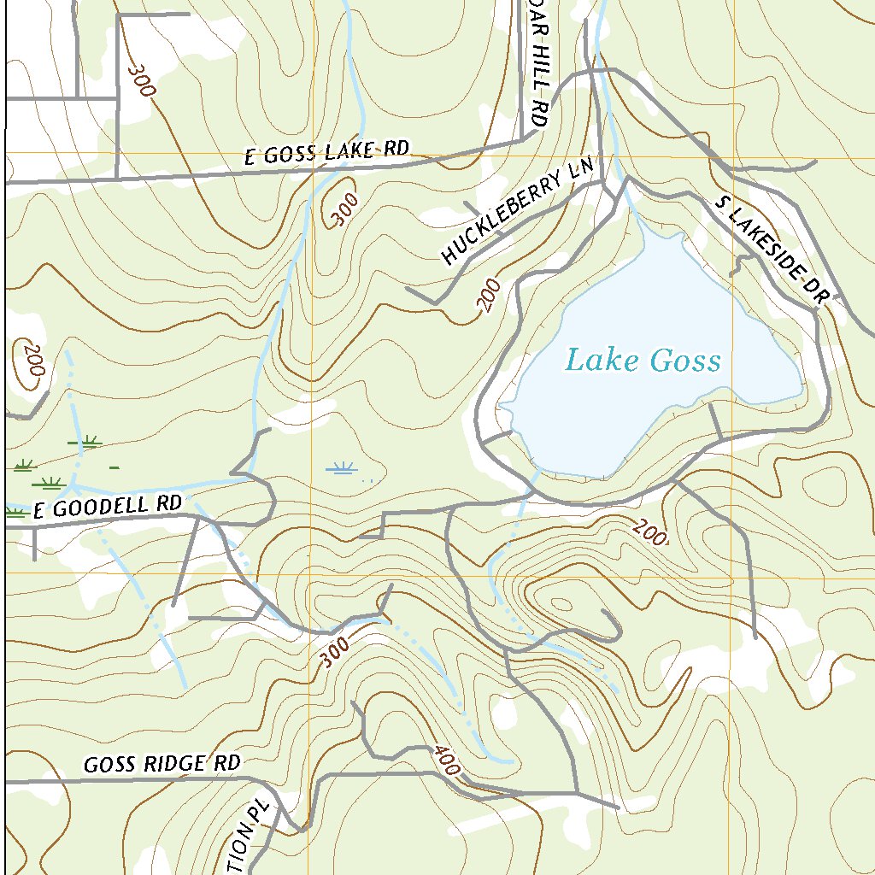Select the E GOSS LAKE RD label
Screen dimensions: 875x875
point(326,152)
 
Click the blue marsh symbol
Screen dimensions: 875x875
point(344,467)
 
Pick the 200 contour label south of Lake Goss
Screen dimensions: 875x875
point(649,534)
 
